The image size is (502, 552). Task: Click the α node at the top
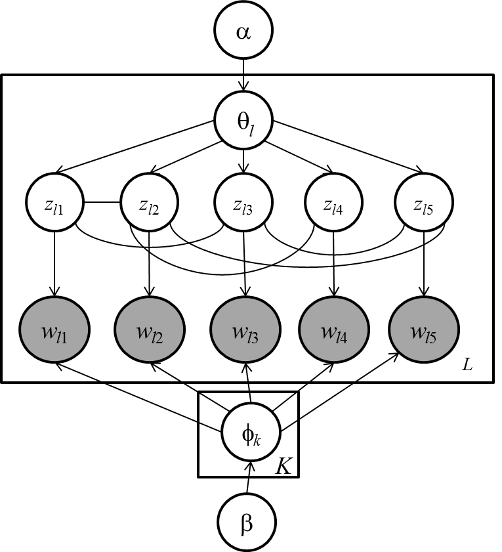click(x=243, y=31)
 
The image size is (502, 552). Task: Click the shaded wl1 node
click(x=56, y=329)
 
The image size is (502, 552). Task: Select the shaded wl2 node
click(x=150, y=329)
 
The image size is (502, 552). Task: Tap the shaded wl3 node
click(x=245, y=329)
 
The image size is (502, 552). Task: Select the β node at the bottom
click(x=247, y=523)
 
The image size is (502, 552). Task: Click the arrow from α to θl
click(x=243, y=75)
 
